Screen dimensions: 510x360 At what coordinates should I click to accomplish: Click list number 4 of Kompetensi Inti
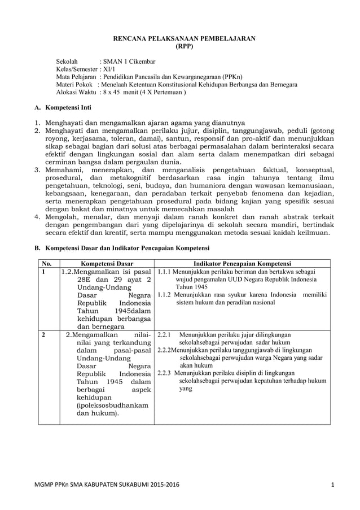[37, 216]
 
